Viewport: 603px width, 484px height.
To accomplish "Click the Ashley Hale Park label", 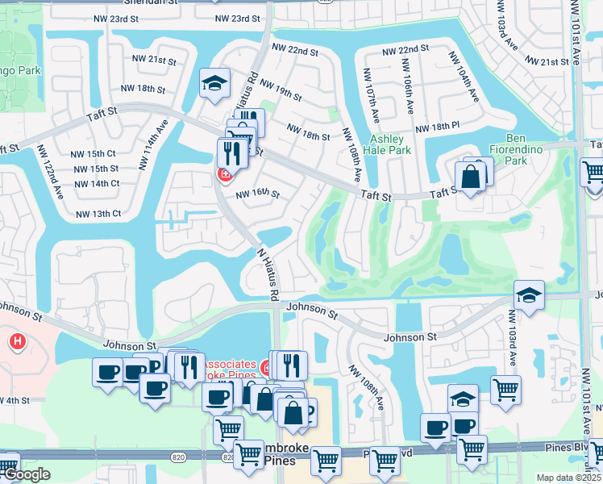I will [390, 144].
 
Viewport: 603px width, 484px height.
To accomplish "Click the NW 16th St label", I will [257, 194].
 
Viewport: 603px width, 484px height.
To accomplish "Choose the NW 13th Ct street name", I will [98, 214].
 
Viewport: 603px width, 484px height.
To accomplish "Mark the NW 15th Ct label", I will [93, 153].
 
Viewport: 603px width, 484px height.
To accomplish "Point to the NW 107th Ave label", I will [370, 95].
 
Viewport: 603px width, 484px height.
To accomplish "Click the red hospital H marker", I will [16, 342].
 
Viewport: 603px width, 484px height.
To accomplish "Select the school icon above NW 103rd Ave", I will [529, 294].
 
